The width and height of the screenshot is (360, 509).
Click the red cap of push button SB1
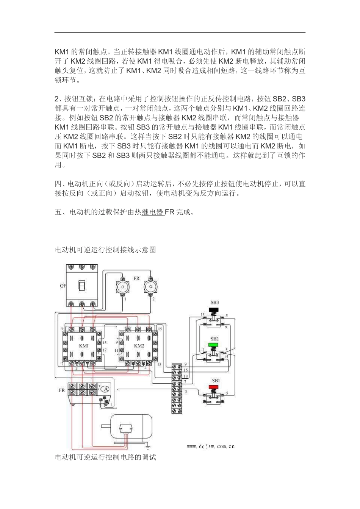coord(214,387)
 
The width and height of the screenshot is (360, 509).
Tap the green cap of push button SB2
coord(214,345)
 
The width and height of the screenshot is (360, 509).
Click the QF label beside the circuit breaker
coord(63,286)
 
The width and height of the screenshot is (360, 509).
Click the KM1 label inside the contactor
coord(84,346)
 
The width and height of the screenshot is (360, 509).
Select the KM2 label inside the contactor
coord(139,346)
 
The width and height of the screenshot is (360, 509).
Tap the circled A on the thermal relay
coord(106,389)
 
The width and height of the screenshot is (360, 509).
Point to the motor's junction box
coord(124,428)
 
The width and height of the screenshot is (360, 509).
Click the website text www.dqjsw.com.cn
coord(211,447)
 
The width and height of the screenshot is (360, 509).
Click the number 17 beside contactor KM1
coord(105,350)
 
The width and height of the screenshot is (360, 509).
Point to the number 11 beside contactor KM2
coord(116,351)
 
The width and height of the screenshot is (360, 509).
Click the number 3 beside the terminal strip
coord(186,391)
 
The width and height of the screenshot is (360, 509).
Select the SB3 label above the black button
coord(214,303)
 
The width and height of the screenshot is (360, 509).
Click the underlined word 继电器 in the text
coord(153,212)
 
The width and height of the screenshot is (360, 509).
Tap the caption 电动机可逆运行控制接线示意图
coord(105,250)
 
